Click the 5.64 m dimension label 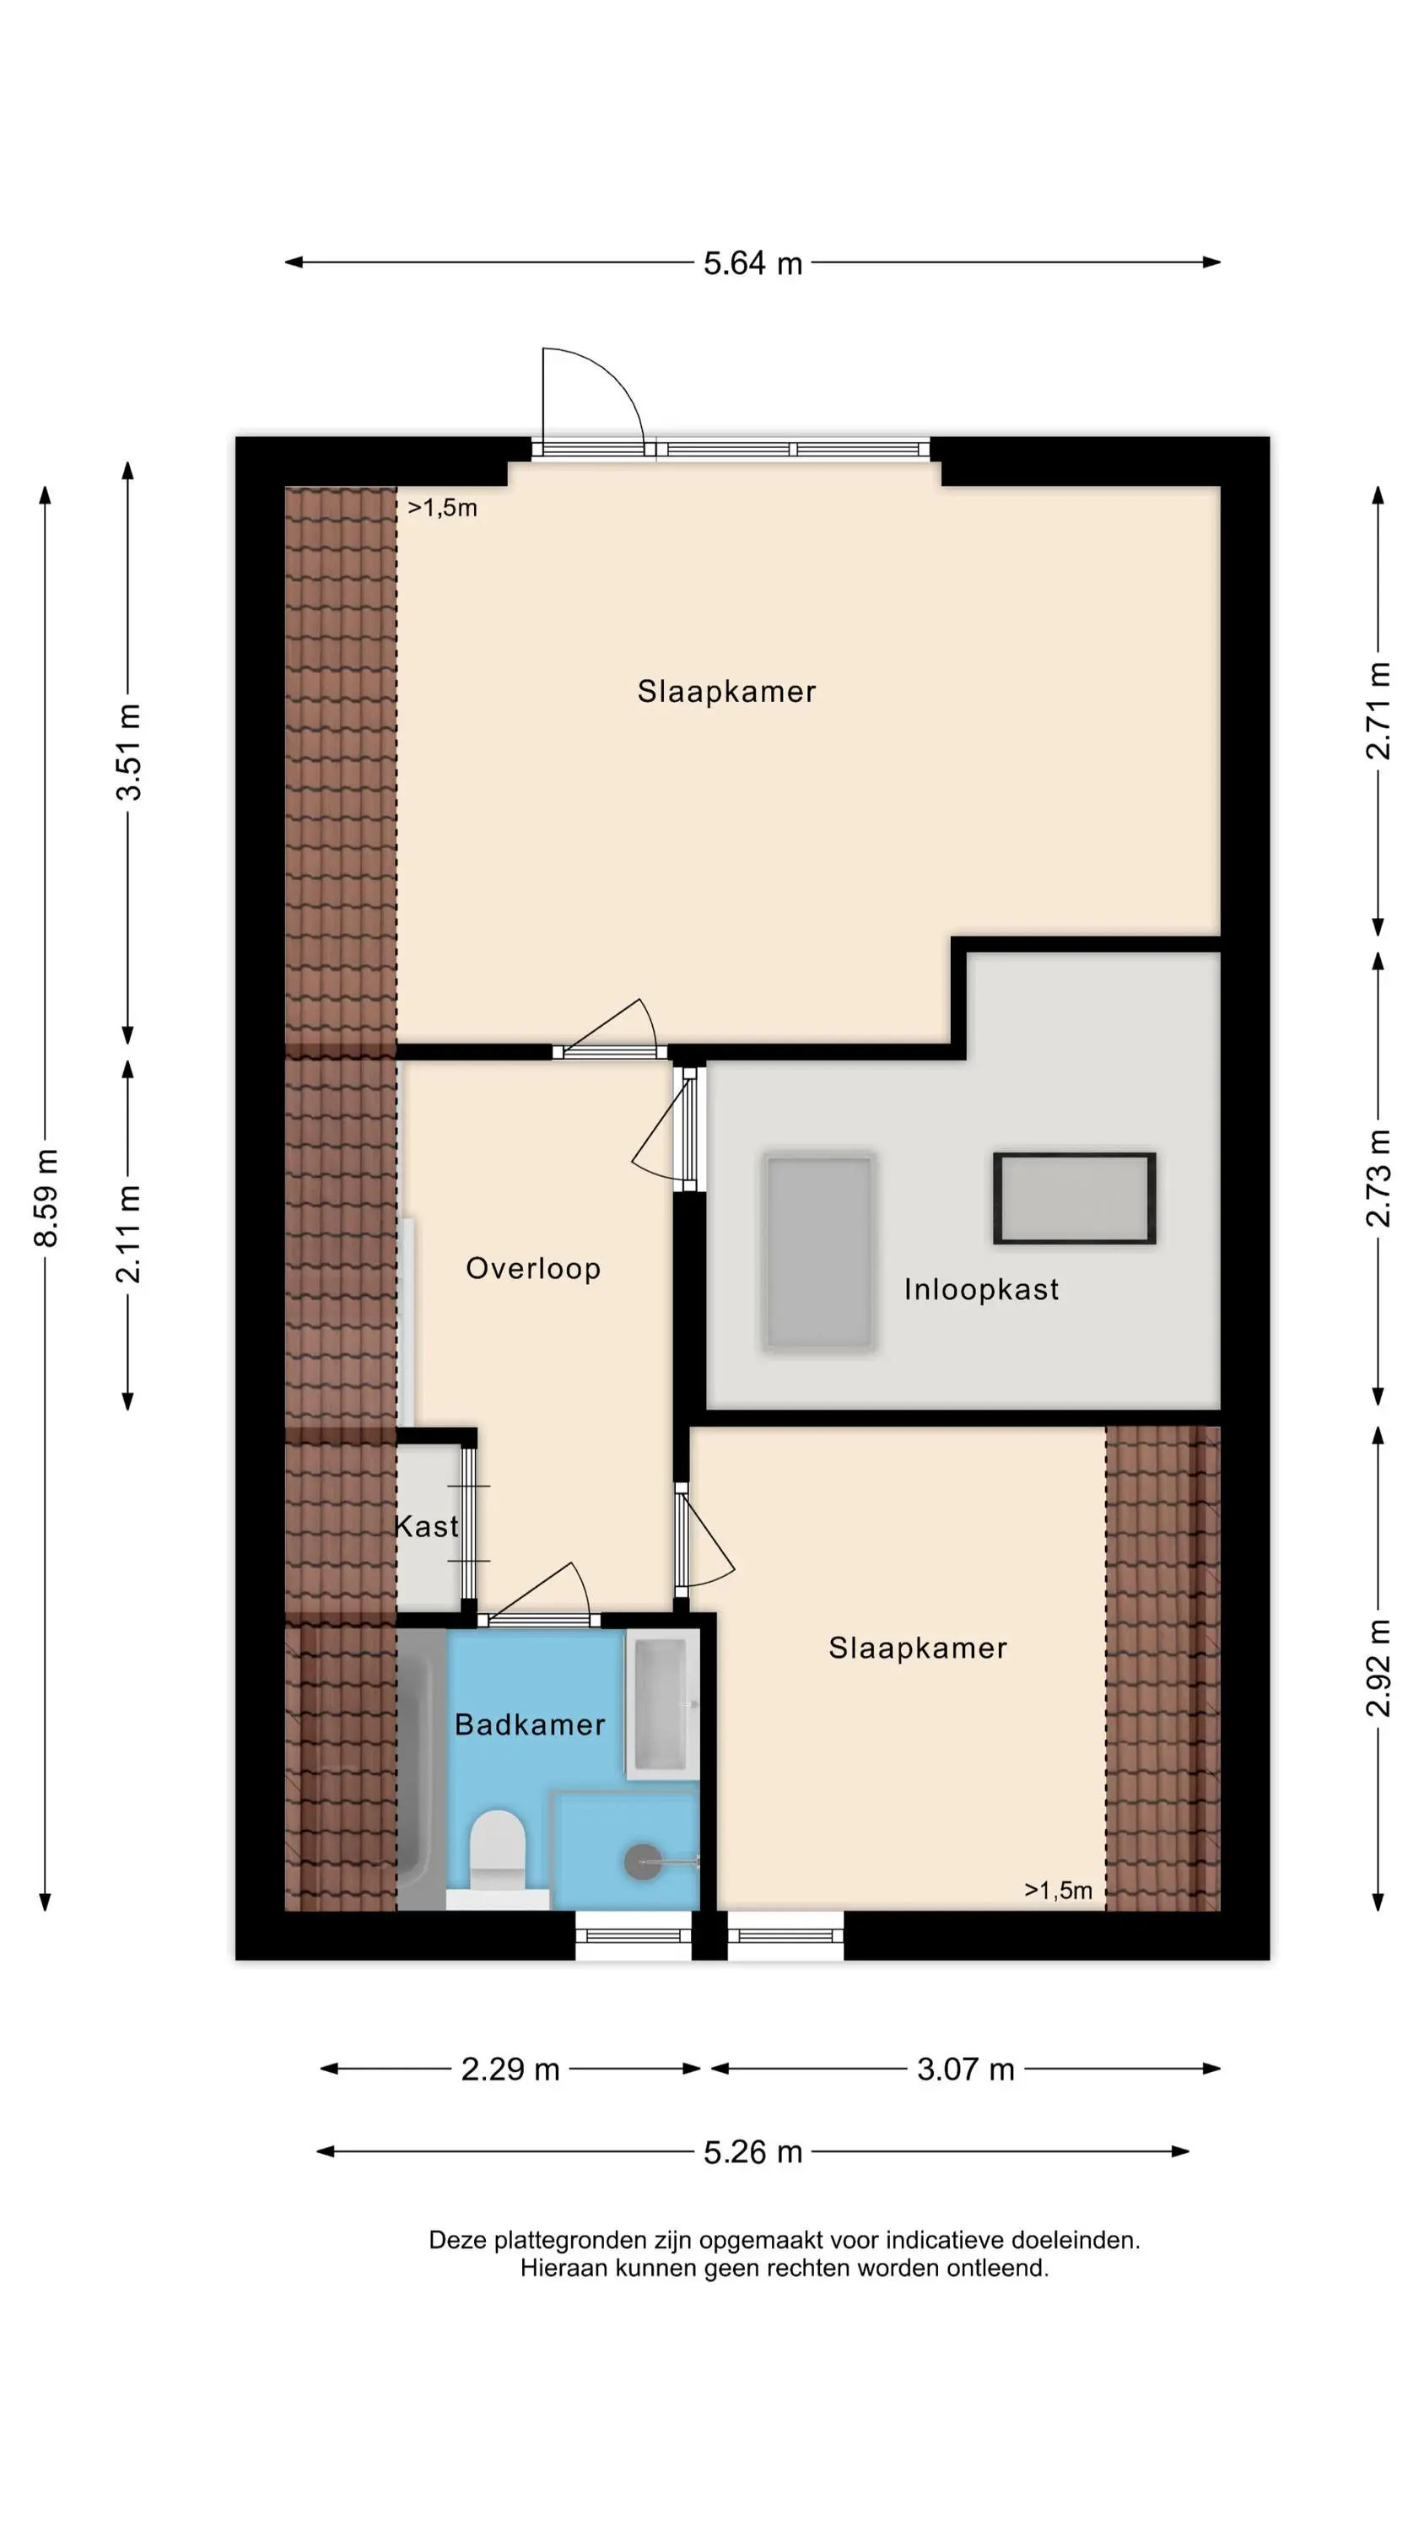point(752,263)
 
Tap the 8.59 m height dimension point(46,1196)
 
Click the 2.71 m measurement point(1378,710)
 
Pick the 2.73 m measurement point(1378,1178)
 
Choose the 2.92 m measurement point(1378,1667)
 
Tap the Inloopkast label point(982,1289)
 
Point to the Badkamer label point(530,1724)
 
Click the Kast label point(427,1526)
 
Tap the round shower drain point(644,1862)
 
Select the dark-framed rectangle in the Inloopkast point(1074,1198)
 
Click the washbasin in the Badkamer point(661,1706)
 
